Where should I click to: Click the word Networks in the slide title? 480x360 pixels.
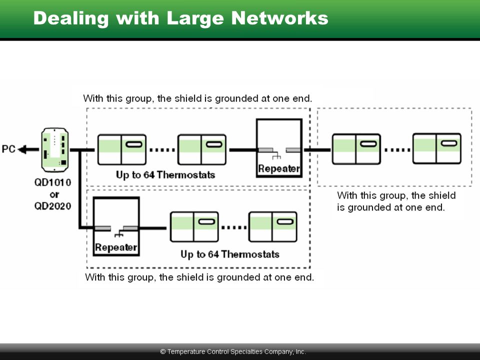tap(279, 18)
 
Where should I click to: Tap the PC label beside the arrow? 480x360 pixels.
tap(8, 149)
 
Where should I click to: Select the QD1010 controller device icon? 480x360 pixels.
tap(55, 150)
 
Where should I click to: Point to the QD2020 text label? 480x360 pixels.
tap(52, 206)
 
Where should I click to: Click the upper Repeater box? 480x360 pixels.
tap(279, 148)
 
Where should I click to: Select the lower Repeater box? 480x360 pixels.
tap(116, 226)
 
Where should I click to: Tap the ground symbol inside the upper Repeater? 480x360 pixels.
tap(276, 155)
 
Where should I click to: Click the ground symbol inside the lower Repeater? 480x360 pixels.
tap(119, 233)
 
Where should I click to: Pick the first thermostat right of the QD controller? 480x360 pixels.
tap(122, 149)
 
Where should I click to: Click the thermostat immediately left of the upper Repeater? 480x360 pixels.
tap(202, 149)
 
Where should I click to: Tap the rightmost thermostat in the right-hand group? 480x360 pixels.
tap(437, 148)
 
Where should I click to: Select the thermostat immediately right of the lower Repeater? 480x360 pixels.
tap(194, 227)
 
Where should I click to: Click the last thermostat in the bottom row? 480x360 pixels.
tap(273, 227)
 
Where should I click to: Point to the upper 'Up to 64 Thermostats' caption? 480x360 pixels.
tap(165, 175)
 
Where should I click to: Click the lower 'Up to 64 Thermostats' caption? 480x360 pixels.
tap(230, 254)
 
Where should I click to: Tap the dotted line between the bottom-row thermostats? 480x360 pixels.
tap(234, 227)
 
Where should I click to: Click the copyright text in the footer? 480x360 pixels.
tap(233, 351)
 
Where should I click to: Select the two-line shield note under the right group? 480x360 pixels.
tap(396, 201)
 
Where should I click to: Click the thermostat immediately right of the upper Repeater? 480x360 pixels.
tap(356, 149)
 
